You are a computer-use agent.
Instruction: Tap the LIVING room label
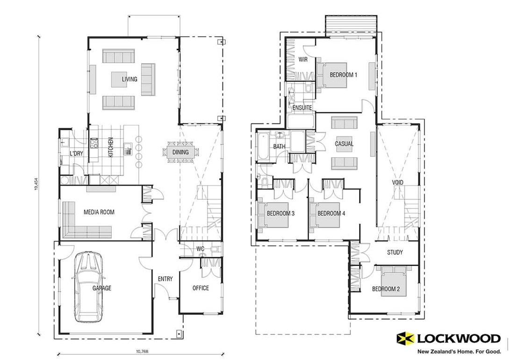(x=129, y=79)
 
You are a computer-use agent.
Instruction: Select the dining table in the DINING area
(x=180, y=152)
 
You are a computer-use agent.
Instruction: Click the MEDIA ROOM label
(x=99, y=212)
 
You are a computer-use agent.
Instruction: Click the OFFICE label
(x=201, y=288)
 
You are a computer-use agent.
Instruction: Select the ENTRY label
(x=165, y=279)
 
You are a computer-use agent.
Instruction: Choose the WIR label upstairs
(x=302, y=59)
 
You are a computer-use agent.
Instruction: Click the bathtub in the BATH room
(x=262, y=147)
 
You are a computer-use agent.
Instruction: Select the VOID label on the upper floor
(x=397, y=182)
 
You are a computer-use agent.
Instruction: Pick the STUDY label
(x=394, y=252)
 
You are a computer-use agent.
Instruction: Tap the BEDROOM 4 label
(x=331, y=213)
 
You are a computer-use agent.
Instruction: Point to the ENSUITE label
(x=302, y=108)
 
